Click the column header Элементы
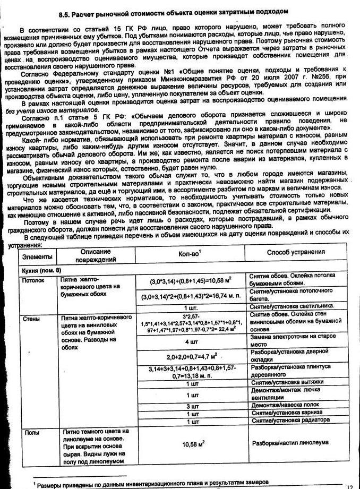point(37,256)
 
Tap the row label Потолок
point(32,279)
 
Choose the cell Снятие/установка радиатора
point(287,421)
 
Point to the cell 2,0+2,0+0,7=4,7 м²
point(192,357)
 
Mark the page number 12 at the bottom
point(349,486)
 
